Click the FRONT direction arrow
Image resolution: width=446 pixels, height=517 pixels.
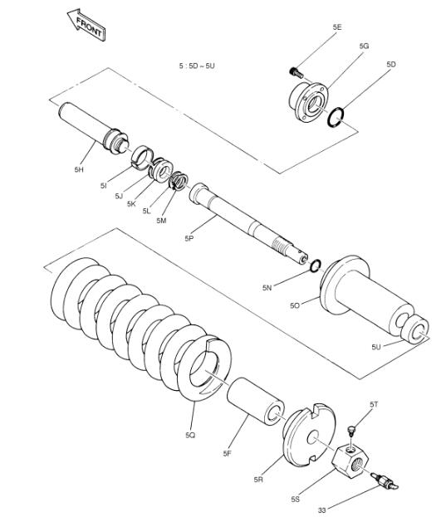click(x=86, y=25)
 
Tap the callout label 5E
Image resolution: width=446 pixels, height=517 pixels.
click(x=337, y=27)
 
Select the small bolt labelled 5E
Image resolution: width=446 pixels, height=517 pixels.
click(x=297, y=72)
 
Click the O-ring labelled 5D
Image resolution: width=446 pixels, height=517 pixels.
click(x=336, y=117)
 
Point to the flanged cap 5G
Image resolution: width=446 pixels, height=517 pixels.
click(x=308, y=102)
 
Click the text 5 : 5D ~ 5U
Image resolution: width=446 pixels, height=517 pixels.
click(x=197, y=66)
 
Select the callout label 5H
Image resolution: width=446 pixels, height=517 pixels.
click(x=79, y=169)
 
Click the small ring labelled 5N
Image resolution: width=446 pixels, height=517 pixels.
click(x=316, y=266)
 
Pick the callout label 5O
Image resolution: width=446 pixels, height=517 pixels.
click(x=295, y=305)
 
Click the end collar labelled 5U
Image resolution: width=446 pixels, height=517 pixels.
click(x=414, y=329)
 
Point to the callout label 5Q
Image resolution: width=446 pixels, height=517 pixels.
click(x=190, y=435)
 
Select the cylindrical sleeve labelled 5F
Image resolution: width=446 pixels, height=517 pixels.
click(x=256, y=402)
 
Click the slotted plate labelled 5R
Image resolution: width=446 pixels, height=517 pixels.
click(x=309, y=434)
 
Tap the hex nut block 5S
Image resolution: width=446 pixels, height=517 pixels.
click(x=350, y=461)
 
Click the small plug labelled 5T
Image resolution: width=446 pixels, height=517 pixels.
click(x=352, y=432)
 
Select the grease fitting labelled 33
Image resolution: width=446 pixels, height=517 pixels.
click(x=385, y=481)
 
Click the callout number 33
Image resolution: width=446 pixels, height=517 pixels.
click(x=321, y=510)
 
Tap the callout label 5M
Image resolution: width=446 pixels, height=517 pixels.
click(x=161, y=221)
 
